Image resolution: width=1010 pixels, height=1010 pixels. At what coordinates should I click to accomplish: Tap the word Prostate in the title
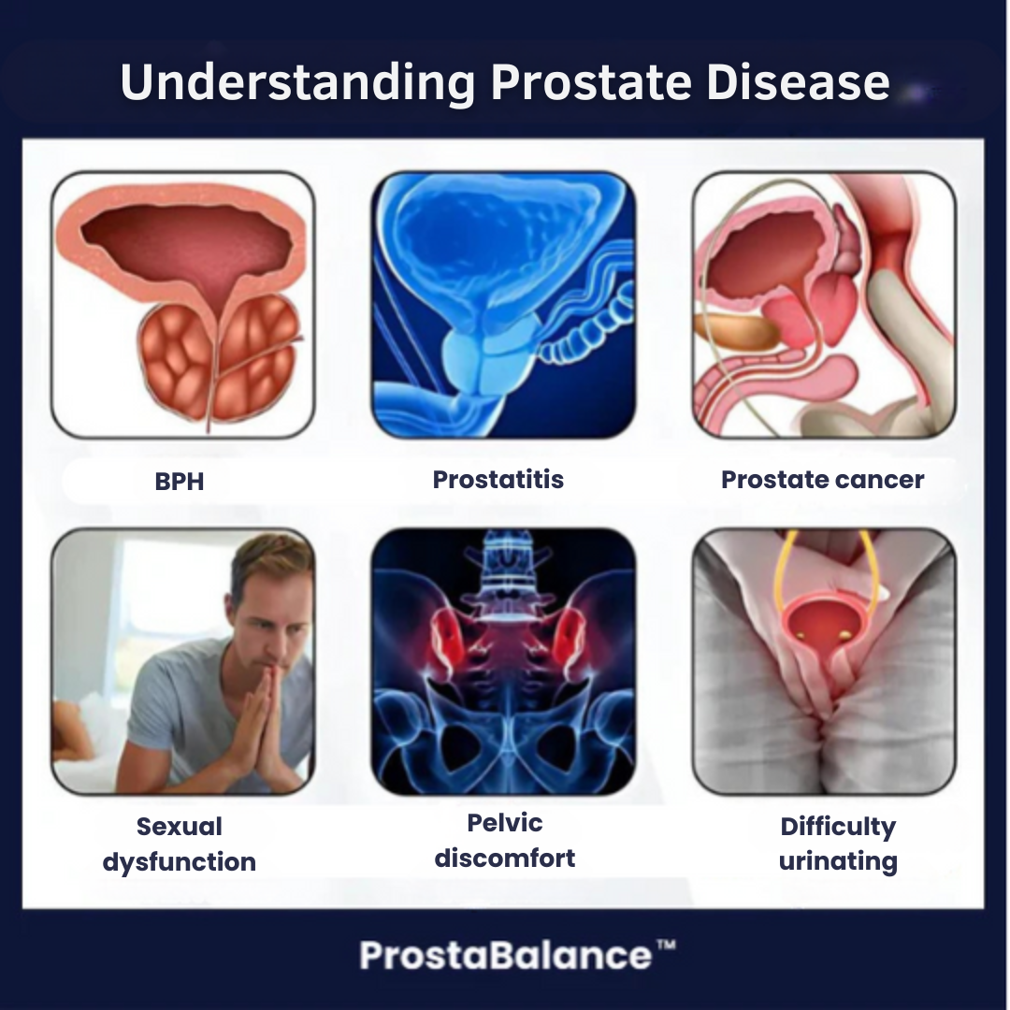coord(590,82)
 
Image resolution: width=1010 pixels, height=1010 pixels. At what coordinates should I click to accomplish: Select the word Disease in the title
coord(798,82)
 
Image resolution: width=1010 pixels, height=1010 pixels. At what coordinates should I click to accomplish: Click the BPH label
coord(179,482)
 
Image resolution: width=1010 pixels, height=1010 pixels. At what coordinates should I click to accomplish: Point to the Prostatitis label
coord(498,480)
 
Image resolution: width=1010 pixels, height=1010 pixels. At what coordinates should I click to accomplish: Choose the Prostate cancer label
coord(822,480)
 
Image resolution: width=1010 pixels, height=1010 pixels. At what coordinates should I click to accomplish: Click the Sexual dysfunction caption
coord(179,844)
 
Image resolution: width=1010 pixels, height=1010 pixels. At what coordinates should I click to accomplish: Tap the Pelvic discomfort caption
coord(505,840)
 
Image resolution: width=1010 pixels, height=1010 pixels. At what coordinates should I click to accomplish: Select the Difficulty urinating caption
coord(838,844)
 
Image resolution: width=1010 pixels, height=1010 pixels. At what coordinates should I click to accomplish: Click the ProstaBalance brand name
coord(505,956)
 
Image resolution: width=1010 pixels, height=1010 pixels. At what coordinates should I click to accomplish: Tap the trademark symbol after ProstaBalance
coord(665,946)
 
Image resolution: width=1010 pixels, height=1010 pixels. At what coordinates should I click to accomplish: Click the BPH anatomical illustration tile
coord(183,305)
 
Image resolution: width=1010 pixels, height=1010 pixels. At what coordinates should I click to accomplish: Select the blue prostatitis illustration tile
coord(503,305)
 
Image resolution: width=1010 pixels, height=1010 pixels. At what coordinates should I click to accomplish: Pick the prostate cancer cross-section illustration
coord(824,305)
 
